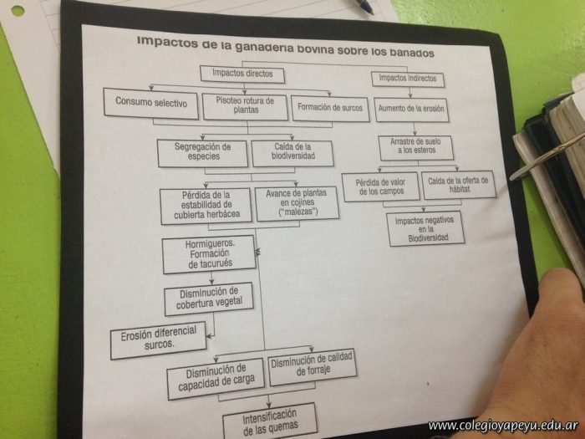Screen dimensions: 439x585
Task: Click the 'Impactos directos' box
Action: click(x=242, y=74)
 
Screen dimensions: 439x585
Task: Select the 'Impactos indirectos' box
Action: click(x=407, y=79)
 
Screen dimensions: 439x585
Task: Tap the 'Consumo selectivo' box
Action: click(x=151, y=105)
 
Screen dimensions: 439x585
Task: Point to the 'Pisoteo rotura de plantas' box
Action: click(x=244, y=105)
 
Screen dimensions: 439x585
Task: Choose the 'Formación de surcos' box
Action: click(x=331, y=107)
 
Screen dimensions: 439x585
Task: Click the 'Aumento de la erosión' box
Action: click(x=412, y=109)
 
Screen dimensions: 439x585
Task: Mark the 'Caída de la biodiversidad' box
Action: click(x=292, y=153)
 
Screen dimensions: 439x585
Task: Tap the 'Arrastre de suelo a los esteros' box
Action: click(x=415, y=148)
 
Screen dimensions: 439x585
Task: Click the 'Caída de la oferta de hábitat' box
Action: click(x=458, y=184)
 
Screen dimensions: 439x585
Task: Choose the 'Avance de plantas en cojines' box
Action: click(x=297, y=203)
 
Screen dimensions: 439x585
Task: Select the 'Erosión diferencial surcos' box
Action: click(x=158, y=339)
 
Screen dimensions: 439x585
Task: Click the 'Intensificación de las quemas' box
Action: click(x=270, y=421)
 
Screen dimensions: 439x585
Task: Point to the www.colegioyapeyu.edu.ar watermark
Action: click(x=505, y=426)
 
